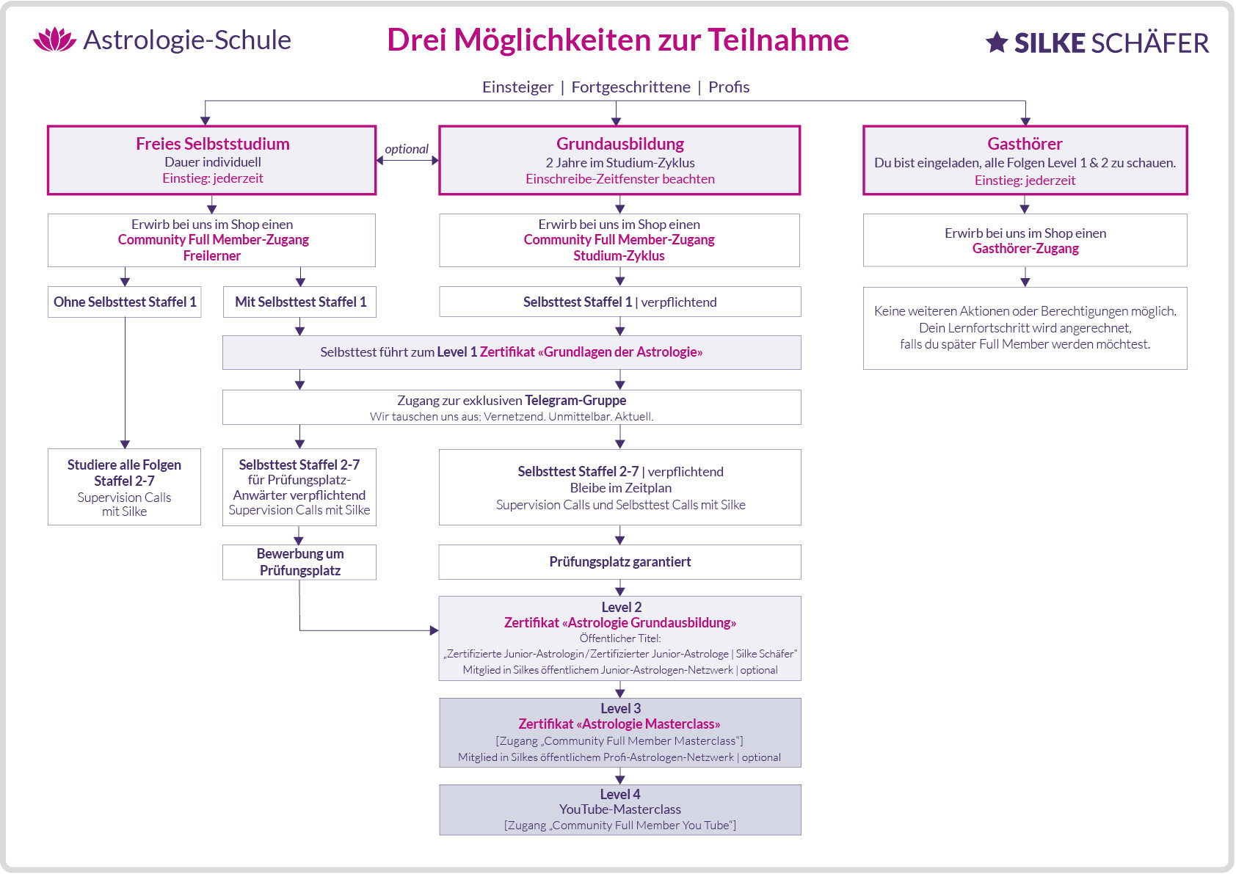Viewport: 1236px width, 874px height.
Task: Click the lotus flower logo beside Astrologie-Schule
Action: (x=55, y=40)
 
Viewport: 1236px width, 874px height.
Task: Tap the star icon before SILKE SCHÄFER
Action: (x=996, y=43)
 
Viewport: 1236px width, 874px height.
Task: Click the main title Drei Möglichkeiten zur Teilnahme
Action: (x=617, y=40)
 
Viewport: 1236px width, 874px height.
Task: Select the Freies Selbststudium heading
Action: (x=212, y=144)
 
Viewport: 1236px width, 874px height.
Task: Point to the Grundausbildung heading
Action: (x=619, y=144)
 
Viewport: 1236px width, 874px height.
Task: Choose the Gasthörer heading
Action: (x=1025, y=144)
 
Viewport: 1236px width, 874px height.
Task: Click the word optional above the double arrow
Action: (x=407, y=149)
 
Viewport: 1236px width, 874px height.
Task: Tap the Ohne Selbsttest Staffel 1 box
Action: (x=125, y=302)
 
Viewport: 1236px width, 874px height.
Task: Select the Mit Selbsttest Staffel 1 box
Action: (x=300, y=302)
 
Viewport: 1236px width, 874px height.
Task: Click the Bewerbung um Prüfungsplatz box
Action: (x=299, y=562)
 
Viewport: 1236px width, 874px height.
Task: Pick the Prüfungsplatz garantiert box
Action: (x=619, y=562)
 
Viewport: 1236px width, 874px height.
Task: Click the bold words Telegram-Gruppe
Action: (x=575, y=400)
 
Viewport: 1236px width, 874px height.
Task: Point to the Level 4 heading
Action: (x=619, y=794)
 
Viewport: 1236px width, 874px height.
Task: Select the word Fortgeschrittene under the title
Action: (x=630, y=87)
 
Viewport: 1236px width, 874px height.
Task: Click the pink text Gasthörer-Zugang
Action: (x=1025, y=249)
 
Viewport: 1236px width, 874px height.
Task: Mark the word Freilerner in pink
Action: (x=212, y=256)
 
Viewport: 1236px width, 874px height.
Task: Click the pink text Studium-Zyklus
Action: (x=619, y=256)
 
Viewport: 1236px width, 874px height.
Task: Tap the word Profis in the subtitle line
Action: (x=729, y=87)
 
